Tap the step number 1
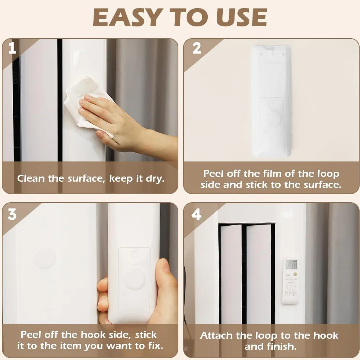(x=12, y=48)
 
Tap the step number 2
(x=197, y=48)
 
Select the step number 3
(x=12, y=214)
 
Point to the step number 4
(x=196, y=214)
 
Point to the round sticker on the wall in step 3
(x=45, y=258)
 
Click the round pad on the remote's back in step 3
(x=134, y=278)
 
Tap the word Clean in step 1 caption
(x=31, y=178)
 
